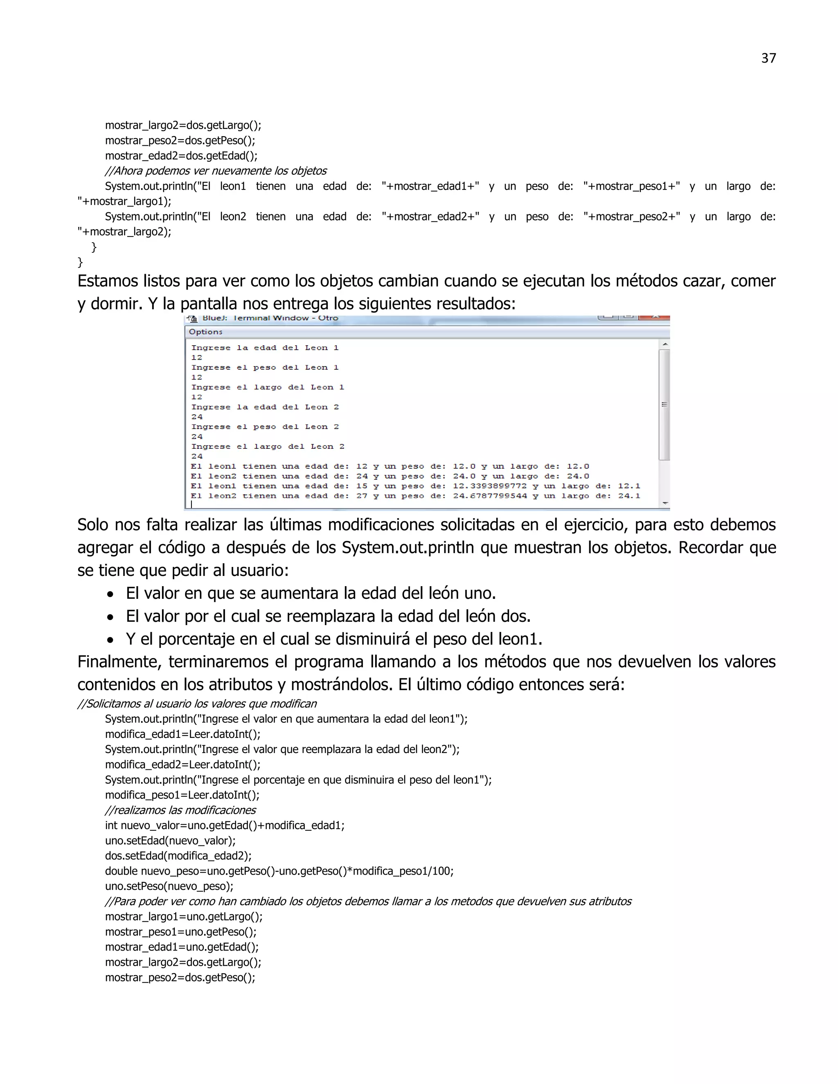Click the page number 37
click(x=768, y=58)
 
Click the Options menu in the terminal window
click(x=205, y=332)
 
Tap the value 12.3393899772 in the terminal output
click(x=489, y=486)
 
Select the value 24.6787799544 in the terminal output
click(x=489, y=496)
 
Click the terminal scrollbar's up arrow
click(x=665, y=344)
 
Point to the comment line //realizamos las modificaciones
click(x=180, y=810)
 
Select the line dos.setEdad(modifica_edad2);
click(x=178, y=856)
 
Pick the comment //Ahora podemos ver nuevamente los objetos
click(x=216, y=171)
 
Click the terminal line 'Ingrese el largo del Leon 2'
click(x=268, y=446)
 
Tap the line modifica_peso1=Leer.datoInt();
click(x=182, y=795)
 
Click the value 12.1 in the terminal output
click(x=629, y=486)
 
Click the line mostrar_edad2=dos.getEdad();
click(x=181, y=156)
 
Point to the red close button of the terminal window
click(x=654, y=317)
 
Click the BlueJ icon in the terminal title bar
click(x=191, y=318)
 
